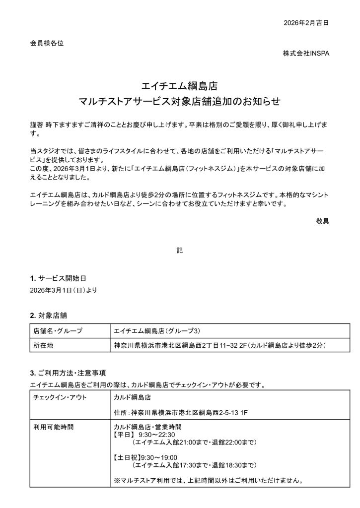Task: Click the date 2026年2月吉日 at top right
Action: (306, 22)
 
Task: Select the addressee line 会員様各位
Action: (47, 43)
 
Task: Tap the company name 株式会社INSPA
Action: (306, 53)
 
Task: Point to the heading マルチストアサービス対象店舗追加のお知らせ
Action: (180, 101)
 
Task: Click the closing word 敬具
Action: (322, 221)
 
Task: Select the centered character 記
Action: (180, 251)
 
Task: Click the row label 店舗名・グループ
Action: (58, 331)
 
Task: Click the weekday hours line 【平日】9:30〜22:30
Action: (144, 434)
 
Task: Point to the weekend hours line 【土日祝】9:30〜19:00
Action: (145, 457)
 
